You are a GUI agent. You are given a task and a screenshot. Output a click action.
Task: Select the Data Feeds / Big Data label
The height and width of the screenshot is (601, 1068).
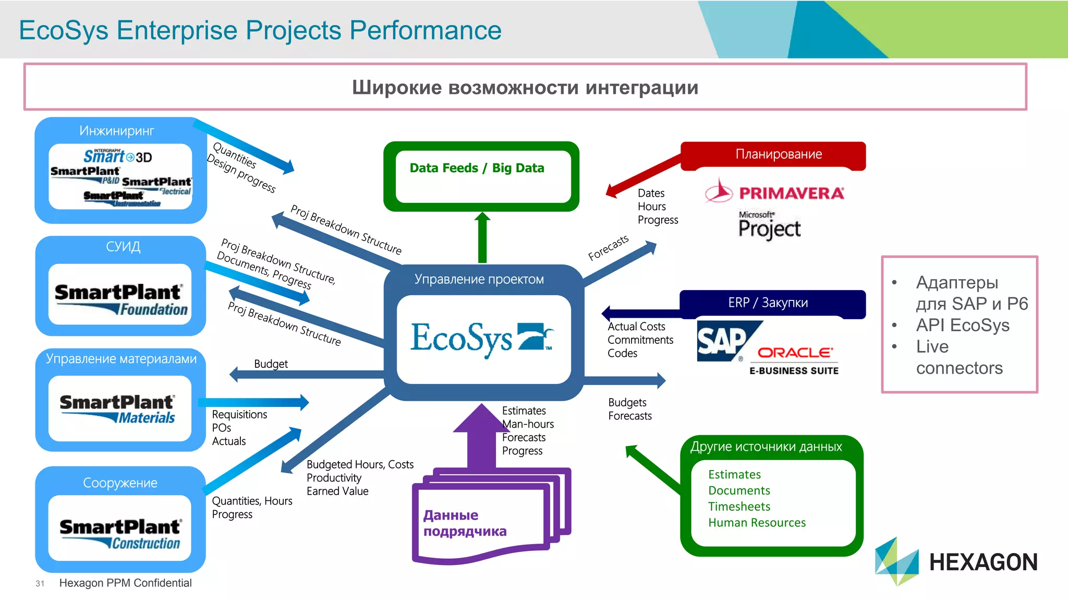pyautogui.click(x=477, y=168)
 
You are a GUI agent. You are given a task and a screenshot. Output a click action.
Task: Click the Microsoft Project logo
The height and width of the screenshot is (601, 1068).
pyautogui.click(x=769, y=225)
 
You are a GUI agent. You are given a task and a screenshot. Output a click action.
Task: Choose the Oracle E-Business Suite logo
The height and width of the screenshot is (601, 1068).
pyautogui.click(x=794, y=360)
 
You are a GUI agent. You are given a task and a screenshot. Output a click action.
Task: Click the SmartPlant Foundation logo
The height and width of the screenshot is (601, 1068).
pyautogui.click(x=120, y=299)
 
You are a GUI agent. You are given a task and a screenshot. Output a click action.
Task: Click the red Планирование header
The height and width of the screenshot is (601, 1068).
pyautogui.click(x=778, y=154)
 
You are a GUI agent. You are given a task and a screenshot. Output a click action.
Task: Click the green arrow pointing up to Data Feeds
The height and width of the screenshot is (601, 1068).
pyautogui.click(x=482, y=237)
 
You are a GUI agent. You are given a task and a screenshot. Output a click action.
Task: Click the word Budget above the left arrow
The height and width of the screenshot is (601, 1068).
pyautogui.click(x=271, y=364)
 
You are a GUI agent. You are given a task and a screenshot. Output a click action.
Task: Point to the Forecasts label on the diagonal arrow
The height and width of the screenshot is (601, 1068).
pyautogui.click(x=608, y=248)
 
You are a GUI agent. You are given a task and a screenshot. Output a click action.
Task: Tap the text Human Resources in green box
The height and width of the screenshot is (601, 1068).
pyautogui.click(x=756, y=522)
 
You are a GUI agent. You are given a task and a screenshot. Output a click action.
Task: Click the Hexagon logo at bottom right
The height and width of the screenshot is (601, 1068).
pyautogui.click(x=956, y=561)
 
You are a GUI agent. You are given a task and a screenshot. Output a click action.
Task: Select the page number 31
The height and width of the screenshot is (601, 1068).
pyautogui.click(x=40, y=583)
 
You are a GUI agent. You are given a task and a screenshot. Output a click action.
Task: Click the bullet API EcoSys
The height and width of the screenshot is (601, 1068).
pyautogui.click(x=962, y=325)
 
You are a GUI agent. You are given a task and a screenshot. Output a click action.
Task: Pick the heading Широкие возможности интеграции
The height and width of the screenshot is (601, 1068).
pyautogui.click(x=525, y=87)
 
